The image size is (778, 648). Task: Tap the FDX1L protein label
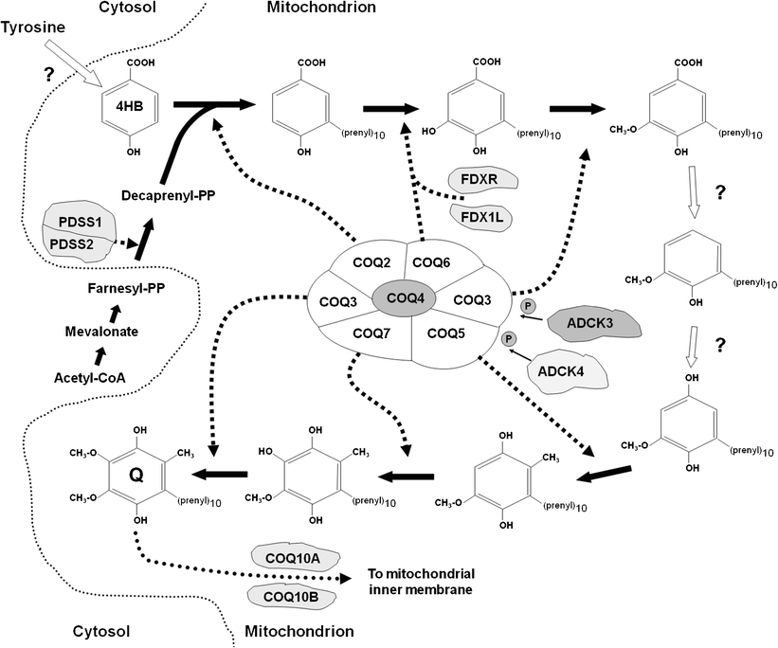(x=482, y=216)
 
